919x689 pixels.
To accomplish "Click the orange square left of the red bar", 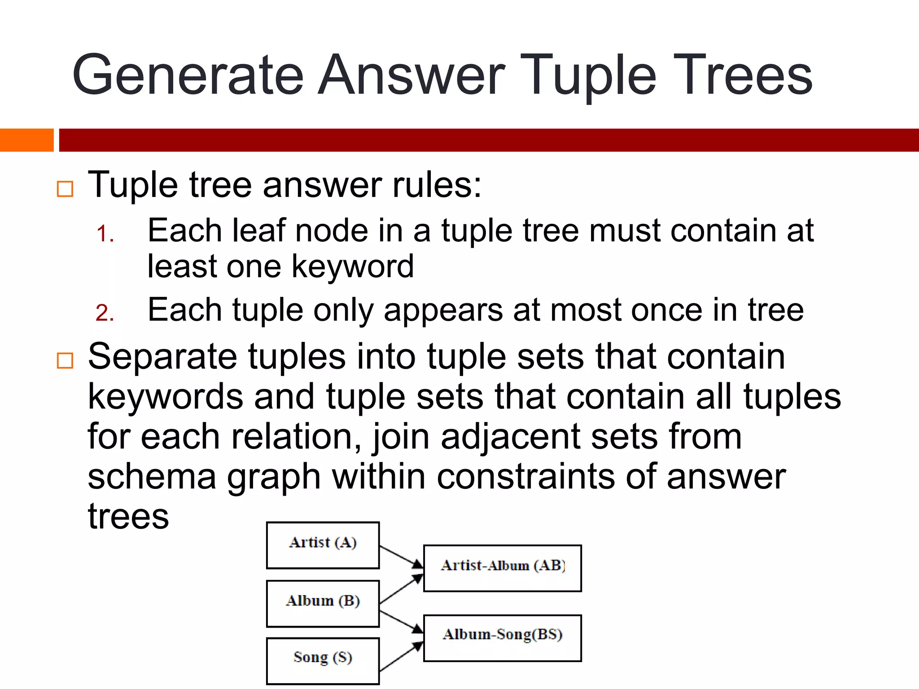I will tap(26, 140).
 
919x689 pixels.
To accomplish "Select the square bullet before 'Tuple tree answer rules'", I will tap(65, 189).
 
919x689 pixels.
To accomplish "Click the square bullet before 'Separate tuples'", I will tap(65, 360).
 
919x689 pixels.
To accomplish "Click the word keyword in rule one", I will tap(353, 266).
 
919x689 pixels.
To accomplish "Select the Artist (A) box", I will tap(323, 545).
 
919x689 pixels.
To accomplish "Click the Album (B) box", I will tap(323, 603).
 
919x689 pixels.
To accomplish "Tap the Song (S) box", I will tap(323, 660).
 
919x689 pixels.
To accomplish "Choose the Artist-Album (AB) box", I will tap(502, 568).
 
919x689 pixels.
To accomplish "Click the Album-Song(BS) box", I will tap(502, 637).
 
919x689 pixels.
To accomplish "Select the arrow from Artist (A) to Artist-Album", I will tap(401, 557).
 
